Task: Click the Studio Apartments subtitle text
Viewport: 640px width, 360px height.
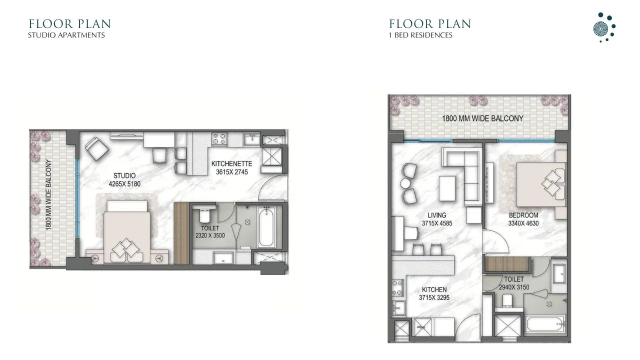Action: pyautogui.click(x=66, y=35)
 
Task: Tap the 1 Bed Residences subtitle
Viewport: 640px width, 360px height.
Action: pyautogui.click(x=420, y=35)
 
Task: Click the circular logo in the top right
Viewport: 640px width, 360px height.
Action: pyautogui.click(x=603, y=27)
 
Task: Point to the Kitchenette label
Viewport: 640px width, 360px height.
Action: pyautogui.click(x=231, y=163)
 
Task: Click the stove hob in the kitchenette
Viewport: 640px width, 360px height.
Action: pyautogui.click(x=219, y=138)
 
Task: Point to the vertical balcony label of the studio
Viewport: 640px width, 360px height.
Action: pyautogui.click(x=49, y=194)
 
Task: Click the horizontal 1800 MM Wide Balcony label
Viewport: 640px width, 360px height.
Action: pyautogui.click(x=482, y=118)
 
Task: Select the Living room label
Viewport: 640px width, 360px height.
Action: pyautogui.click(x=429, y=215)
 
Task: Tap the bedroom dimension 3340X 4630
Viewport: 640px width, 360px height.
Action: pyautogui.click(x=523, y=223)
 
